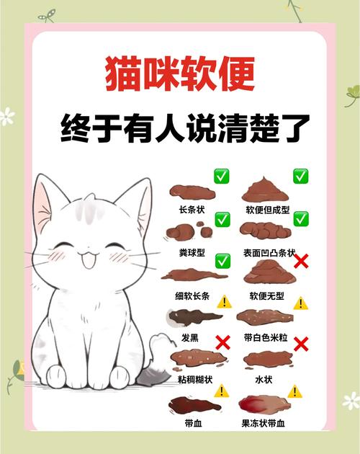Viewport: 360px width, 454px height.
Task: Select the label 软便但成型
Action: [x=266, y=210]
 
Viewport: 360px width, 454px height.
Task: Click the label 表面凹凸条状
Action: [x=266, y=252]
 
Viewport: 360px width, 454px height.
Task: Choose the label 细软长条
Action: [x=193, y=295]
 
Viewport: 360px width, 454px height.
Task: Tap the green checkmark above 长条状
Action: [x=221, y=177]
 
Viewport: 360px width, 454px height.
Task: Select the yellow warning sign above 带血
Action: [x=221, y=391]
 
